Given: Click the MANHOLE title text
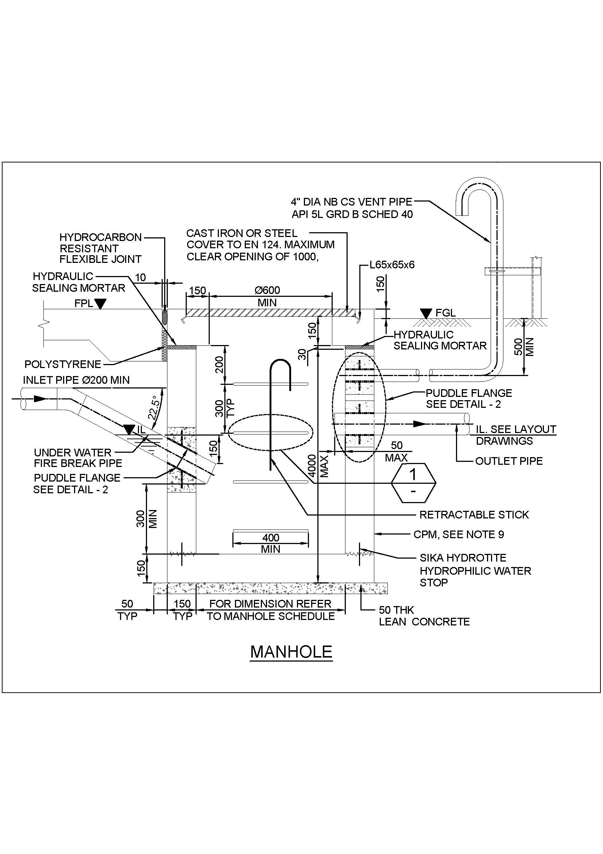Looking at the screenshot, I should pyautogui.click(x=291, y=652).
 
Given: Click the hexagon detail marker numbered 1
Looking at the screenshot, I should pyautogui.click(x=413, y=483).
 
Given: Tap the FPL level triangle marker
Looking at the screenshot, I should pyautogui.click(x=100, y=304).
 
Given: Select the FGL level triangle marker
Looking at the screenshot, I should pyautogui.click(x=426, y=313).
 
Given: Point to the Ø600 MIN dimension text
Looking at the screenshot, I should pyautogui.click(x=267, y=296).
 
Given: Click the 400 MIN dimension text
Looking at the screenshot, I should pyautogui.click(x=270, y=543).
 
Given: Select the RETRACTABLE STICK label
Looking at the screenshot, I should pyautogui.click(x=474, y=515).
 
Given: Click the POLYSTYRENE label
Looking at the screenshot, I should pyautogui.click(x=62, y=364).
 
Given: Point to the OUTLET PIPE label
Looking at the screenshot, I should pyautogui.click(x=509, y=461).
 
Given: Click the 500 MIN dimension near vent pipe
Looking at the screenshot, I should pyautogui.click(x=524, y=346).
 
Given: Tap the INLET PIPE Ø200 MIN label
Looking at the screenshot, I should pyautogui.click(x=76, y=380).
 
